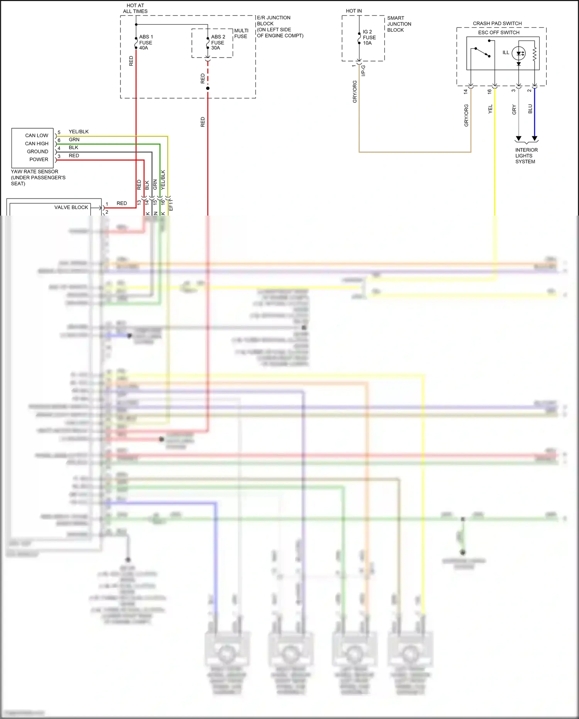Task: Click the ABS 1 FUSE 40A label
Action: pos(146,42)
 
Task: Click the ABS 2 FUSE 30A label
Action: pos(218,42)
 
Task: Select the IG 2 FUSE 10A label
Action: pos(369,37)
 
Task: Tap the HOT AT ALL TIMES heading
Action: pos(135,8)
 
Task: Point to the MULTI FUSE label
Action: pos(241,34)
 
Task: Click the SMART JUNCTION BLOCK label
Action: pos(399,24)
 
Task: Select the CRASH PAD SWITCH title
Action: pos(497,24)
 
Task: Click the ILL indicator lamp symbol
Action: pos(518,53)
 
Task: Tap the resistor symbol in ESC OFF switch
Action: pos(535,54)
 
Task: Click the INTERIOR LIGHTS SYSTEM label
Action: pos(526,156)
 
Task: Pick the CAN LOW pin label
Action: pos(37,136)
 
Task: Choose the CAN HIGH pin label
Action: pos(37,144)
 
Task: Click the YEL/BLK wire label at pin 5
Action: pos(78,132)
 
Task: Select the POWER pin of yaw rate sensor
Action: pos(39,160)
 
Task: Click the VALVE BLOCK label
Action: pos(71,207)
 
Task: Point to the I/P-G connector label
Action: pos(363,71)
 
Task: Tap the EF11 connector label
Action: pos(171,205)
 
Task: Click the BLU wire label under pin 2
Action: pos(530,109)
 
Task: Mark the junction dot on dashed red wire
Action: pos(208,88)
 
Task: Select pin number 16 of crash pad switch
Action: pos(489,92)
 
